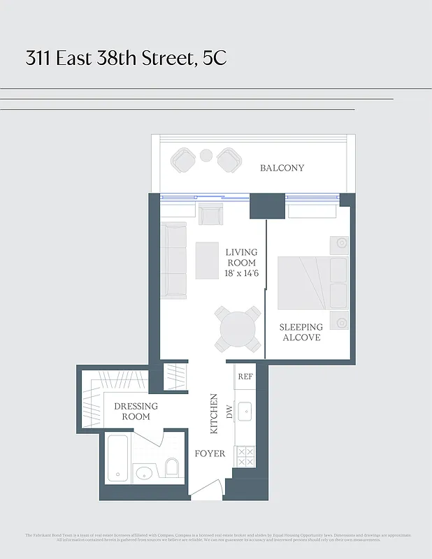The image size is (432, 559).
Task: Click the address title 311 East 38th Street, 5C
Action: coord(127,58)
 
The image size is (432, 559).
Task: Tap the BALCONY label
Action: coord(282,168)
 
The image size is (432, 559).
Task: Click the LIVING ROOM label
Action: coord(241,257)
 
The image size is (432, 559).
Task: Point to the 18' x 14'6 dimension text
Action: coord(242,274)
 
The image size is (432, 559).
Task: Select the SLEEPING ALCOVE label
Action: coord(301,332)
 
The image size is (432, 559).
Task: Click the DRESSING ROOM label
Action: coord(136,411)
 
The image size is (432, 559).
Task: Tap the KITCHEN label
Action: coord(215,414)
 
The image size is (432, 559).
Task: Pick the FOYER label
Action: coord(210,453)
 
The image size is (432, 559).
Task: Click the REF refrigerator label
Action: coord(245,376)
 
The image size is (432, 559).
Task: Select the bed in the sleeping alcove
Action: coord(312,282)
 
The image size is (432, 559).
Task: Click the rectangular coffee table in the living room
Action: coord(207,260)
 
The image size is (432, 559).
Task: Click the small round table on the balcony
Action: coord(206,155)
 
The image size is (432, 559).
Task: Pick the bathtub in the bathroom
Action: coord(118,458)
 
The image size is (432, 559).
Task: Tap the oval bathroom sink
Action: coord(143,472)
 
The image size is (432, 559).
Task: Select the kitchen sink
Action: coord(245,412)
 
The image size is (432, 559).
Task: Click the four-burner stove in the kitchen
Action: coord(245,457)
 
